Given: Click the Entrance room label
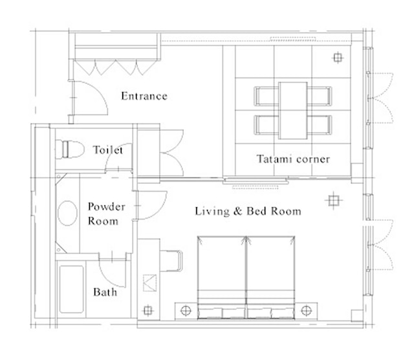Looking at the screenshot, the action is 144,96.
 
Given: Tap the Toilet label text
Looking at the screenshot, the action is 108,150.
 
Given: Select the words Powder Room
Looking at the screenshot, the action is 106,214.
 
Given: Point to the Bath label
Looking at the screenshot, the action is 105,292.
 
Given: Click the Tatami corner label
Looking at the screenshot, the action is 293,159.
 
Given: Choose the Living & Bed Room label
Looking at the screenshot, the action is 248,211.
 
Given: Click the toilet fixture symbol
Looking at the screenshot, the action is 70,150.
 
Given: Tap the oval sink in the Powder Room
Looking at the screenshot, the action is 67,213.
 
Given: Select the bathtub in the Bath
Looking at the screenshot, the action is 72,289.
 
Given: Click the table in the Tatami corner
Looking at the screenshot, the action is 293,111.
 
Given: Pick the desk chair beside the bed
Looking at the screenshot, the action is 171,261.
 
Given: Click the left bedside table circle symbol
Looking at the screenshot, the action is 186,311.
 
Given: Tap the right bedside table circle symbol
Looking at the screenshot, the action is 306,311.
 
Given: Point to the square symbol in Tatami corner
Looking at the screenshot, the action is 338,58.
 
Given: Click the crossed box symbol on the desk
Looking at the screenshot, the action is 149,283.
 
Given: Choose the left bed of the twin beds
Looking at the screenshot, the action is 222,278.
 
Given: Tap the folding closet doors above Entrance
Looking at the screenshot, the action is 115,67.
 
